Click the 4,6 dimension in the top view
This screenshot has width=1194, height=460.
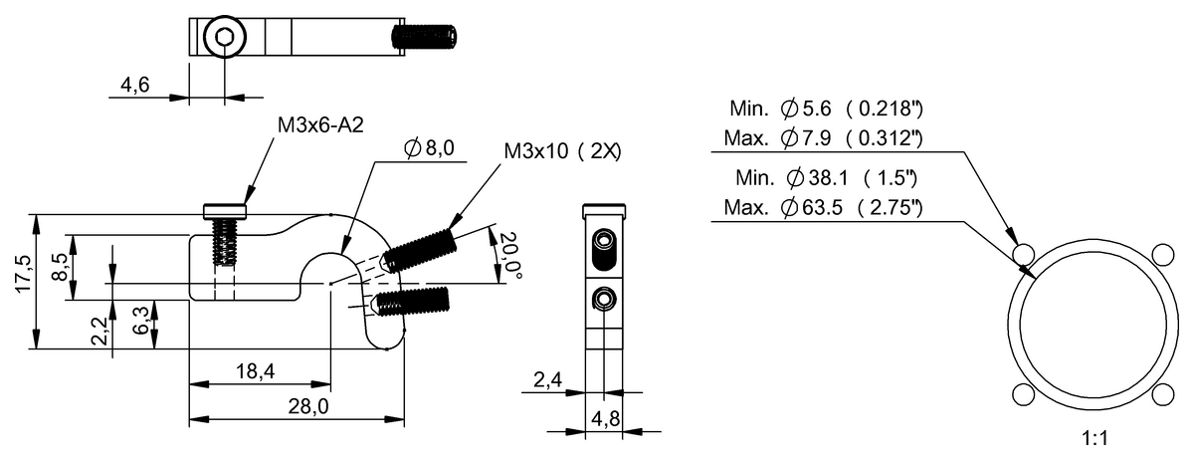pyautogui.click(x=136, y=87)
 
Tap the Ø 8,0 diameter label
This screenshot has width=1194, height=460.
pyautogui.click(x=429, y=148)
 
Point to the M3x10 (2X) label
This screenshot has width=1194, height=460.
pyautogui.click(x=563, y=151)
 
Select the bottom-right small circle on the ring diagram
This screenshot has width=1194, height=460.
pyautogui.click(x=1158, y=394)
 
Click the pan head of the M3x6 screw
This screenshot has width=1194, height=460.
pyautogui.click(x=224, y=210)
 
